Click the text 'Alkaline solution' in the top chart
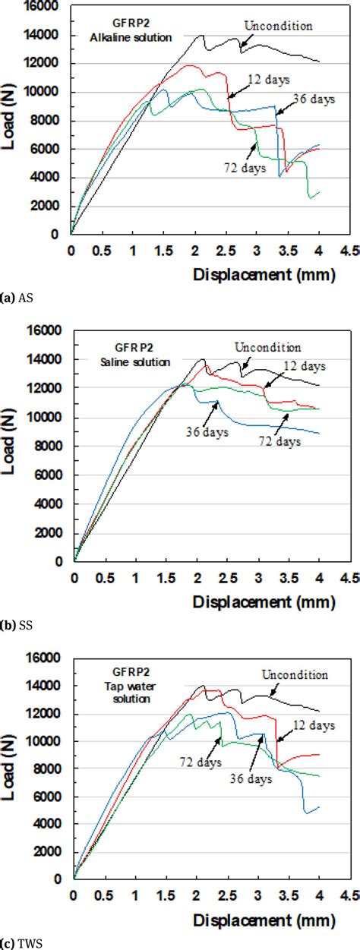pyautogui.click(x=129, y=36)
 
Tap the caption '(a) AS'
pyautogui.click(x=15, y=297)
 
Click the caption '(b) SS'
pyautogui.click(x=15, y=624)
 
